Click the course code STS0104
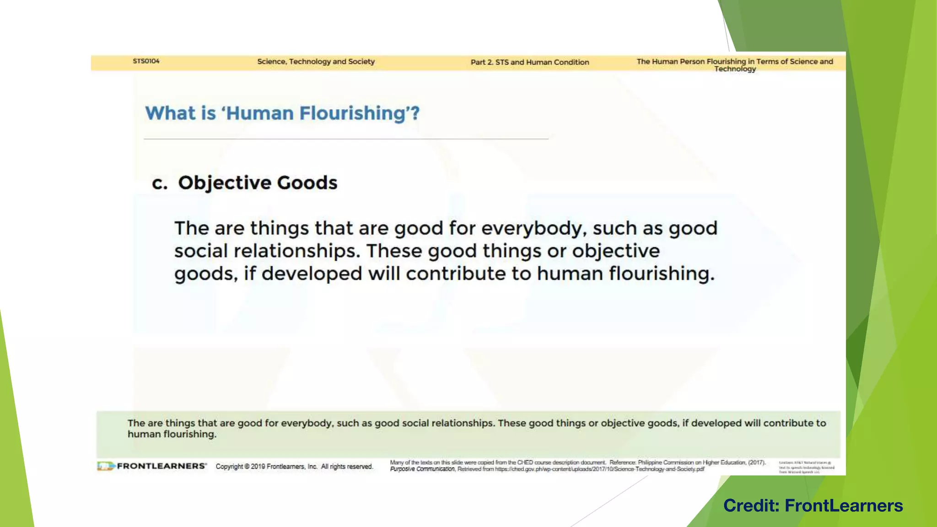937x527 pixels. click(x=146, y=61)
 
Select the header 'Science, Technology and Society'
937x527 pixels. click(x=316, y=62)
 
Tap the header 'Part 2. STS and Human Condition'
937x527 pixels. click(x=530, y=62)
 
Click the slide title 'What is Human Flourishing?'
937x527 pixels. click(x=282, y=113)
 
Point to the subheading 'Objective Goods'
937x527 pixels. click(x=258, y=183)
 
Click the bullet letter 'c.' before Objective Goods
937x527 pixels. click(x=159, y=183)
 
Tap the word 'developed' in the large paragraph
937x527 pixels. click(x=312, y=274)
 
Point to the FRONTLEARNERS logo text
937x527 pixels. click(x=162, y=466)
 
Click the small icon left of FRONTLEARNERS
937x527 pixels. click(x=105, y=466)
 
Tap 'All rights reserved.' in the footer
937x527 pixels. click(x=347, y=467)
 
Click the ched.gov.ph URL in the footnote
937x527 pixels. click(x=599, y=469)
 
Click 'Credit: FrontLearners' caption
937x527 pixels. click(x=813, y=505)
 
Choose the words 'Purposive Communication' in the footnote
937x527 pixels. click(x=422, y=469)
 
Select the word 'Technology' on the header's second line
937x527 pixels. click(x=735, y=69)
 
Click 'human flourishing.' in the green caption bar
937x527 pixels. click(x=172, y=434)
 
